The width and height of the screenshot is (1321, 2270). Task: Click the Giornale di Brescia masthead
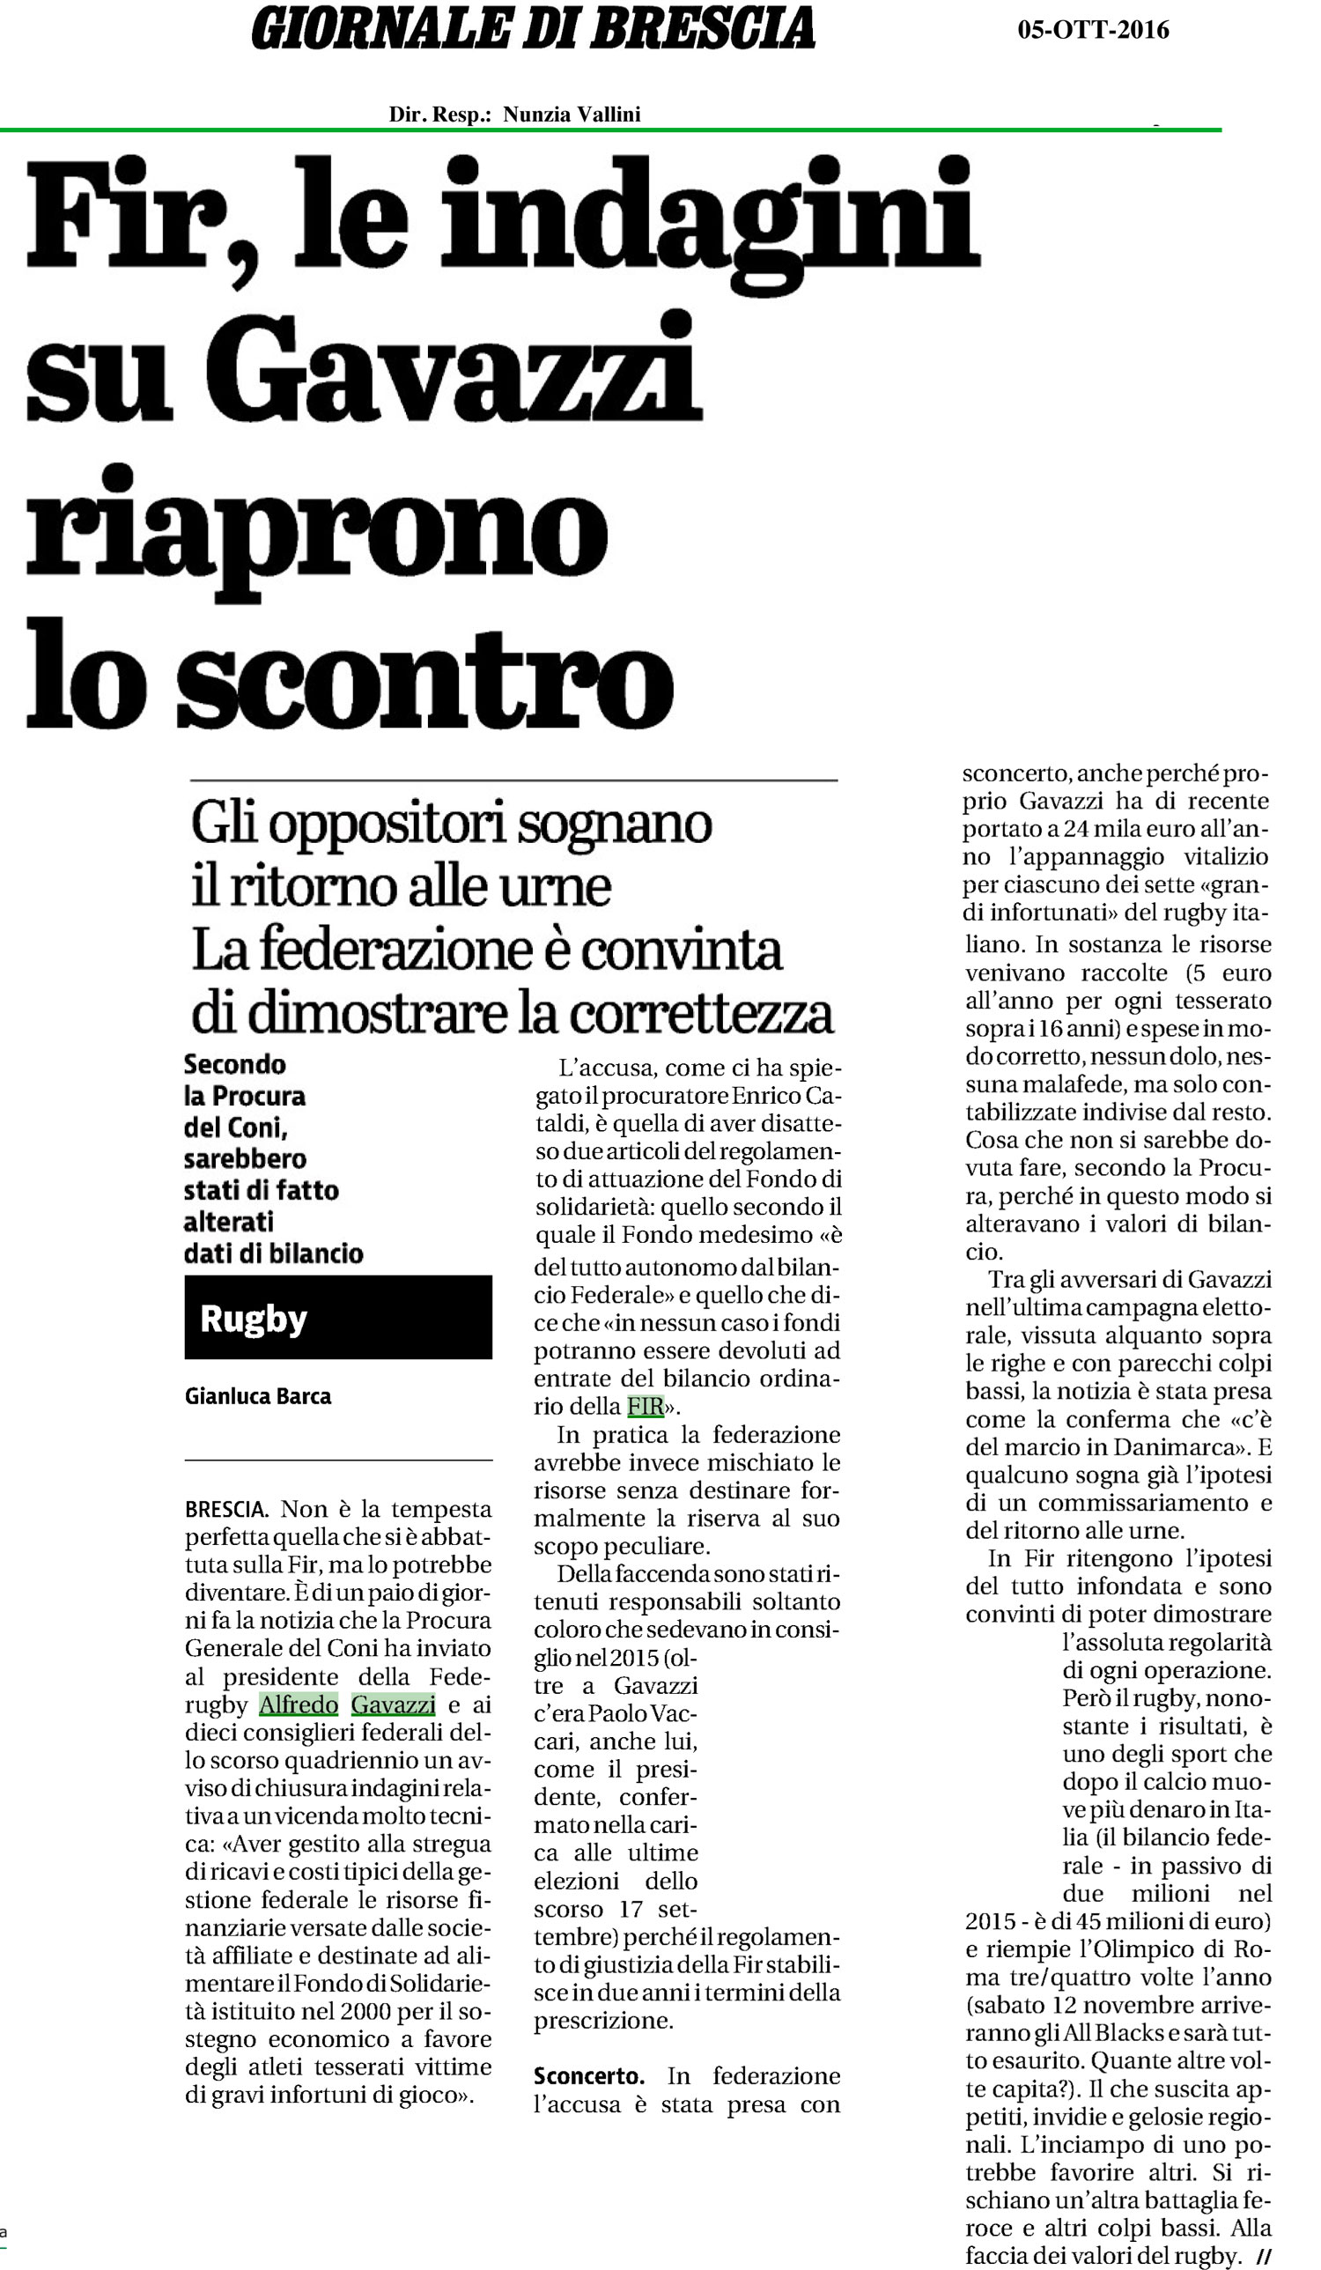(533, 29)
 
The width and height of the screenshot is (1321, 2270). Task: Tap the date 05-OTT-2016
(1092, 31)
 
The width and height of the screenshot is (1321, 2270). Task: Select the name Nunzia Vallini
(571, 115)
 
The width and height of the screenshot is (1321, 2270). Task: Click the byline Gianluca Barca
(257, 1395)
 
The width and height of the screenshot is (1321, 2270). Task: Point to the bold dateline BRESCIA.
(226, 1509)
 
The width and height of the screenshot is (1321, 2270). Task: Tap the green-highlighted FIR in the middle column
(645, 1406)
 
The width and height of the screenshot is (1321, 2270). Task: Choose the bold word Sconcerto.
(589, 2075)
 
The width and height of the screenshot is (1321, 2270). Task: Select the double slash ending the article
(1264, 2257)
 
